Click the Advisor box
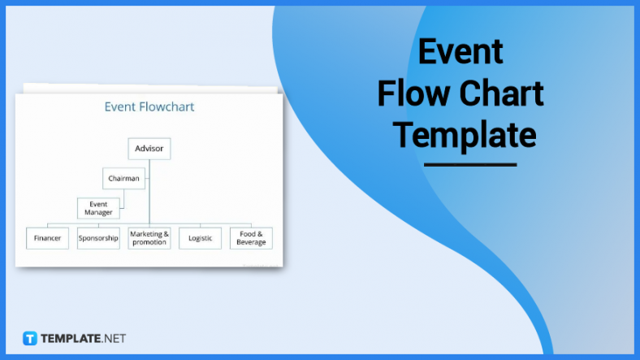point(149,149)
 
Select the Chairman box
point(124,178)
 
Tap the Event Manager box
point(98,208)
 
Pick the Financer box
point(47,238)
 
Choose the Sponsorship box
point(98,238)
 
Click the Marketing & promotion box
point(149,238)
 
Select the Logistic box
point(200,238)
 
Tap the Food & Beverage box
point(251,238)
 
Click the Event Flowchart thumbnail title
point(149,106)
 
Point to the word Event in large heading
point(461,52)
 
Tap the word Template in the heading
point(465,134)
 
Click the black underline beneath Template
point(470,165)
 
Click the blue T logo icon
point(30,338)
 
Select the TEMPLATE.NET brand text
point(83,338)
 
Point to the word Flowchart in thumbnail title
point(167,106)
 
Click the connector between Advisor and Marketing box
point(149,195)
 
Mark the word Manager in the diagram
point(98,213)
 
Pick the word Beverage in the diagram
point(251,243)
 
